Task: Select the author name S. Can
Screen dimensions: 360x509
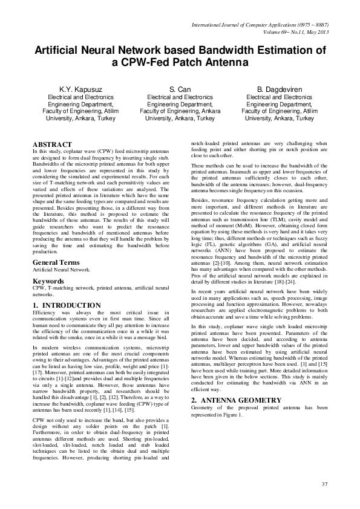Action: click(x=180, y=89)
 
